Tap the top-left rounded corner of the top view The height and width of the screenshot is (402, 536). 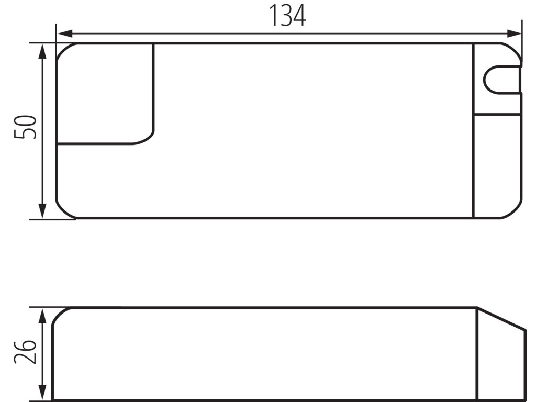click(63, 50)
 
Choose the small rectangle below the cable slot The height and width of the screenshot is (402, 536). click(497, 105)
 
